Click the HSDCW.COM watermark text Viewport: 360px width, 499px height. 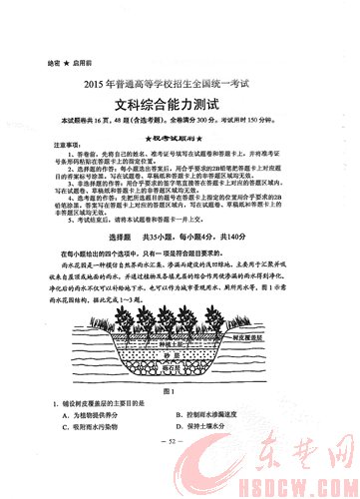click(310, 486)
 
